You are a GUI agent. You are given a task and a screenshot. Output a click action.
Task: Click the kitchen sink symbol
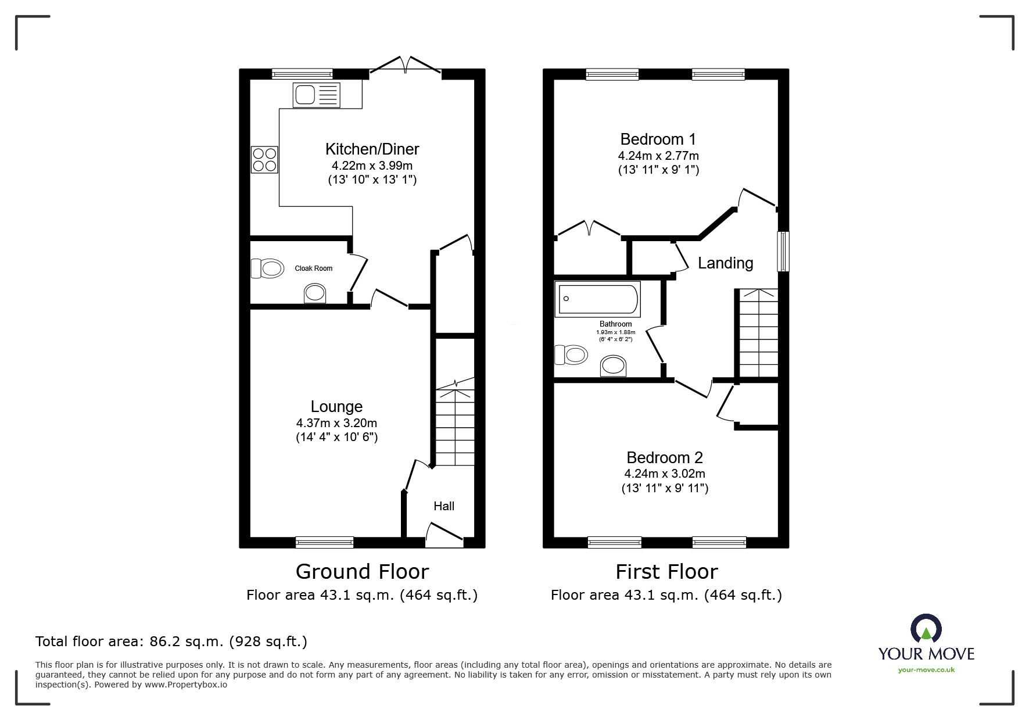coord(317,94)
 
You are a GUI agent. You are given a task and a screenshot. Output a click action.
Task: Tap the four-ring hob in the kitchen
coord(264,160)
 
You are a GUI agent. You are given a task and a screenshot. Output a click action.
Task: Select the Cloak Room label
coord(313,268)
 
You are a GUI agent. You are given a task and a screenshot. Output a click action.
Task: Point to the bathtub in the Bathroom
coord(598,299)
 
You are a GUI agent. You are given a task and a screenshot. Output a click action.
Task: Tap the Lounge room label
coord(336,407)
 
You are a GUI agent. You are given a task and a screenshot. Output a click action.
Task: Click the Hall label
coord(444,506)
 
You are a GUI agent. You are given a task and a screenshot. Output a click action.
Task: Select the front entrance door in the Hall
coord(445,533)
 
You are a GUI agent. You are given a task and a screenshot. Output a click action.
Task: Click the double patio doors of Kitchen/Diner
coord(406,65)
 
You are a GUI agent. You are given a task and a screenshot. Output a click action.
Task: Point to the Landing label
coord(725,263)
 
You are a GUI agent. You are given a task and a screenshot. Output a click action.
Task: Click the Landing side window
coord(783,251)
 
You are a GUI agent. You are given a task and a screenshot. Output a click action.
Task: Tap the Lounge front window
coord(324,542)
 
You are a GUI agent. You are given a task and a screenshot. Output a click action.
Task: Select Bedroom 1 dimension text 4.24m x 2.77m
coord(658,156)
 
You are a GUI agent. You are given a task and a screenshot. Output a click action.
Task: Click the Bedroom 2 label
coord(664,457)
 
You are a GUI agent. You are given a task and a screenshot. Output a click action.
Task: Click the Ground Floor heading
coord(362,572)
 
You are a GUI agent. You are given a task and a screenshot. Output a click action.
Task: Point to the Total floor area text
coord(171,642)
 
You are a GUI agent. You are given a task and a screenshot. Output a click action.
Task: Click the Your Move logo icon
coord(926,628)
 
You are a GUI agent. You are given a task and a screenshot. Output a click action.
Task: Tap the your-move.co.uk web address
coord(926,670)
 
